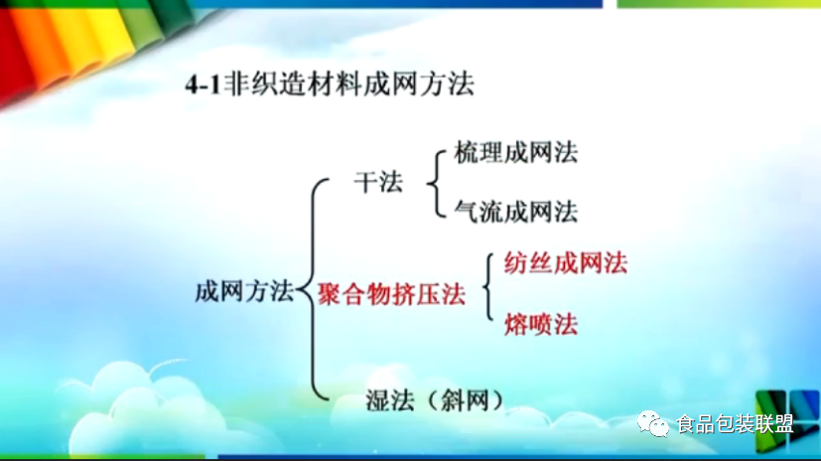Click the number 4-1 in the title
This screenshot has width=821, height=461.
click(x=203, y=84)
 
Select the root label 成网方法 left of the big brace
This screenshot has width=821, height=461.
click(x=244, y=291)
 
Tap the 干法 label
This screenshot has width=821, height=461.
click(x=378, y=182)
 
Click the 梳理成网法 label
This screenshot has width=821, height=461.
click(x=516, y=152)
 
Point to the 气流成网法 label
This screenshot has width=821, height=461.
click(x=516, y=213)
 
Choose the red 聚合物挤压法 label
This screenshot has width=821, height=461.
click(x=392, y=294)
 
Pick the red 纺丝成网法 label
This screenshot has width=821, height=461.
click(x=566, y=263)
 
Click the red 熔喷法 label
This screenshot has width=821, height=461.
click(x=541, y=324)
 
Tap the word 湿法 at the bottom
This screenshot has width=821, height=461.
click(x=390, y=400)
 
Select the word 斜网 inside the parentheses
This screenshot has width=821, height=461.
click(x=465, y=400)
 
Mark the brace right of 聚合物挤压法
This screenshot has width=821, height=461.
click(x=488, y=286)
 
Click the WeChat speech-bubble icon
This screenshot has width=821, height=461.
click(x=653, y=423)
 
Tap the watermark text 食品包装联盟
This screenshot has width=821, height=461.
click(x=736, y=424)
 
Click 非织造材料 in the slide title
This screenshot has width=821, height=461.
click(x=293, y=84)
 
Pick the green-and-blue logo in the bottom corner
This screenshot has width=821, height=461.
click(x=787, y=420)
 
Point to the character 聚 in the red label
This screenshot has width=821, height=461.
click(x=331, y=294)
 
